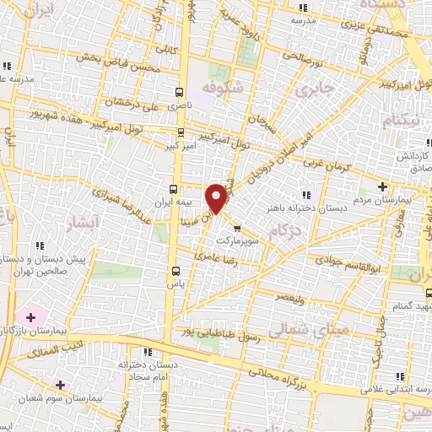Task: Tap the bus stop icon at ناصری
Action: pyautogui.click(x=178, y=92)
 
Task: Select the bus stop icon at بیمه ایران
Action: pyautogui.click(x=173, y=189)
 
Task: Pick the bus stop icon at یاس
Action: pyautogui.click(x=176, y=271)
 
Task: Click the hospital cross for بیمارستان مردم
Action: pyautogui.click(x=383, y=186)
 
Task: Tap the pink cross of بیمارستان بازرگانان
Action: pyautogui.click(x=31, y=317)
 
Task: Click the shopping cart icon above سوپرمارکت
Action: pyautogui.click(x=236, y=228)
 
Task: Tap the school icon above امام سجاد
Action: pyautogui.click(x=148, y=352)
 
